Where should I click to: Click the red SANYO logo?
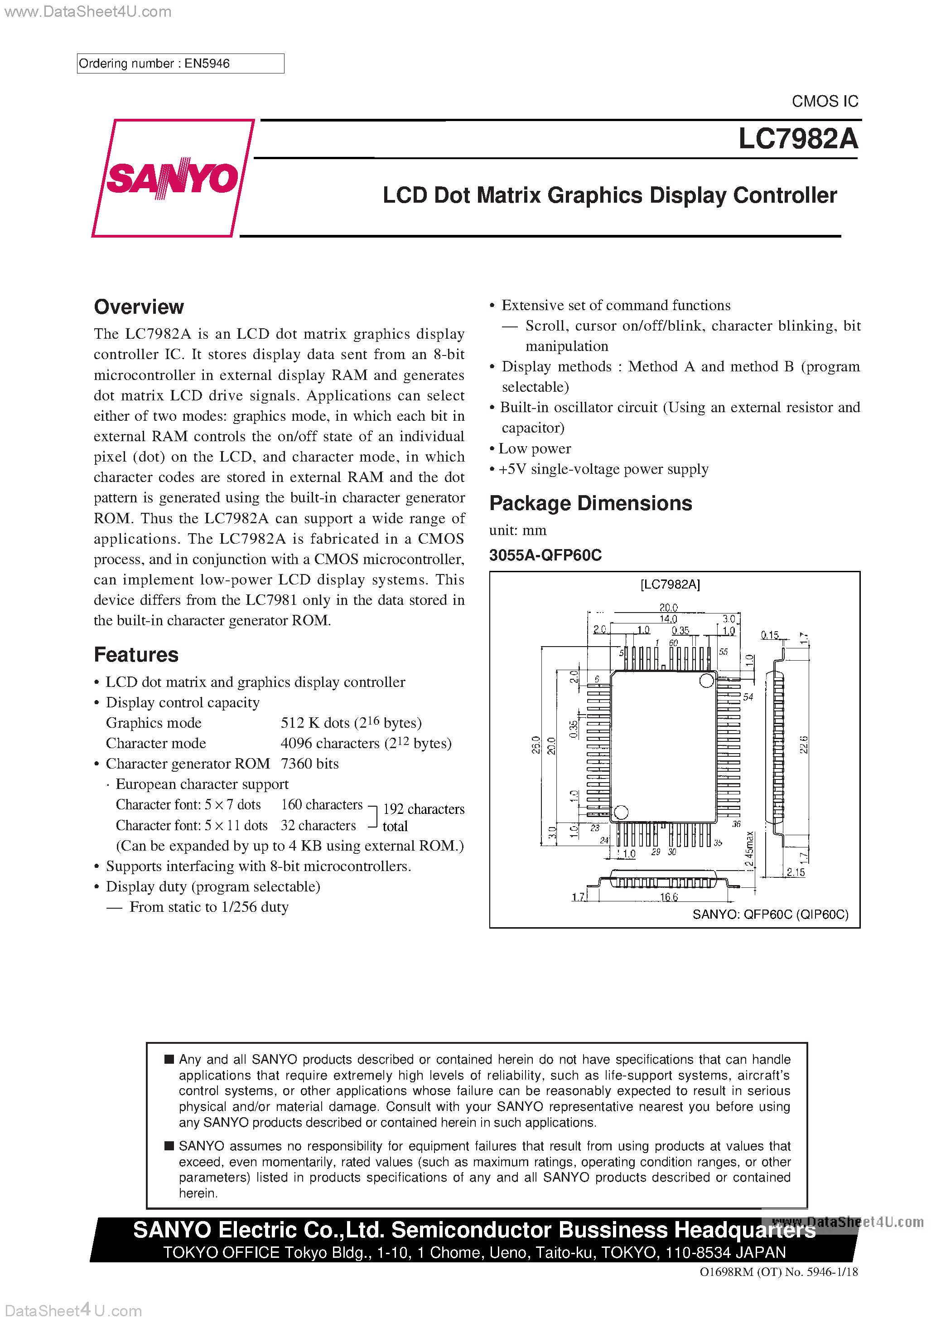click(x=172, y=178)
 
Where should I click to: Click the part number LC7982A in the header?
click(x=798, y=139)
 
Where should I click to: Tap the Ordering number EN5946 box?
click(x=180, y=63)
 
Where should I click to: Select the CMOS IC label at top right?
click(x=824, y=102)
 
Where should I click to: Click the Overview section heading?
click(x=139, y=307)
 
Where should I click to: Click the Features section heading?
click(x=136, y=654)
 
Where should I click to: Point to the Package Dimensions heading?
click(x=590, y=503)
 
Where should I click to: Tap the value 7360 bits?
click(x=309, y=764)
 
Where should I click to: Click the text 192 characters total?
click(x=423, y=817)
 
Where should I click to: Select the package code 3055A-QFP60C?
click(x=545, y=555)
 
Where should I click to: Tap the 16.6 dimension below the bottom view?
click(x=669, y=897)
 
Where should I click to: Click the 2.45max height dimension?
click(x=749, y=849)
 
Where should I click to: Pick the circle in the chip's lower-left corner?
click(x=621, y=813)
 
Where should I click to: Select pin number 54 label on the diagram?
click(x=748, y=696)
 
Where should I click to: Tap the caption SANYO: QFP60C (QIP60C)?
click(x=770, y=915)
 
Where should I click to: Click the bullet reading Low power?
click(x=534, y=448)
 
